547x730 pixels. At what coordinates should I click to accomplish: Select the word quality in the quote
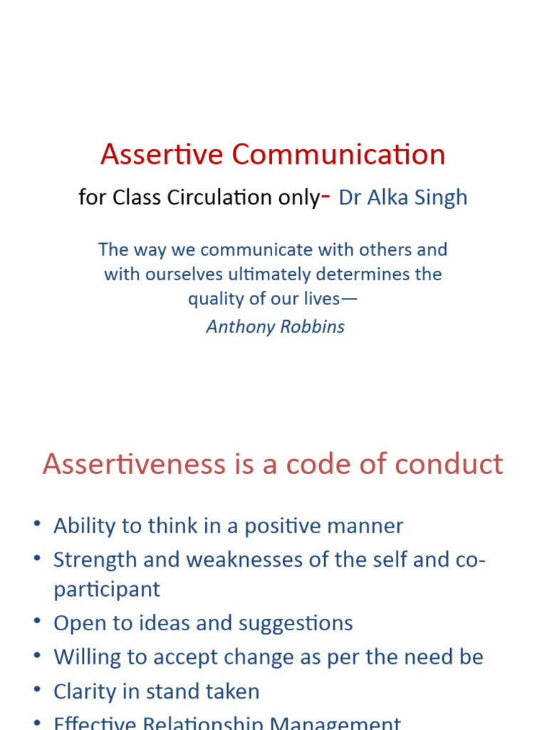click(214, 299)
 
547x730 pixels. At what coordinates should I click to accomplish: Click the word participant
click(107, 590)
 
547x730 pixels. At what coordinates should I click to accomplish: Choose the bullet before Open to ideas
click(37, 622)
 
